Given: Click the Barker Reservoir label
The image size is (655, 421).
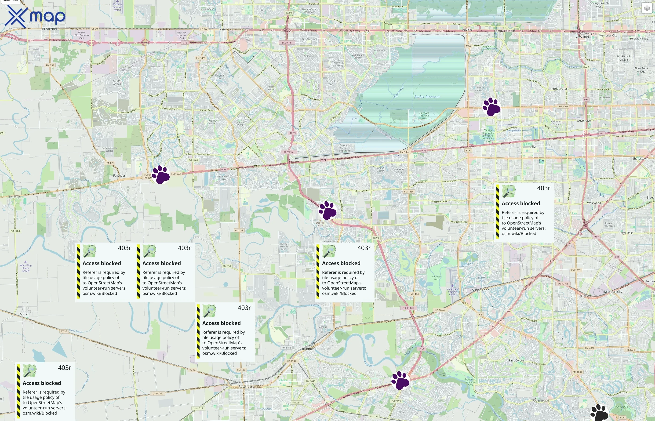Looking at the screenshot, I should tap(427, 97).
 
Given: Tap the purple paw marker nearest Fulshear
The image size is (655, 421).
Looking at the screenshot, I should tap(161, 174).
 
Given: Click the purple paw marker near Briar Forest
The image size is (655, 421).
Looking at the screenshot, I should tap(491, 107).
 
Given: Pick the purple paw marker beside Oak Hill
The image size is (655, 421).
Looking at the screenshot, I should tap(327, 210).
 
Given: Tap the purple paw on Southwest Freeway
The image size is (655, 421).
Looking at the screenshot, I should tap(400, 380).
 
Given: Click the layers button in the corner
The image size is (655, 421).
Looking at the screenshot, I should tap(647, 8).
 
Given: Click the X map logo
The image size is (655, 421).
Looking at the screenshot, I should tap(35, 16).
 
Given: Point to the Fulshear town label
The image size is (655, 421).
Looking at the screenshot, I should tap(119, 175).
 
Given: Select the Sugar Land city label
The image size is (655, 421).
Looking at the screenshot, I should tap(480, 290).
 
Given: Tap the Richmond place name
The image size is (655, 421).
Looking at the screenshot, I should tap(309, 348).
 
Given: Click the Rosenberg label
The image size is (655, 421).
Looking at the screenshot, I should tap(246, 387).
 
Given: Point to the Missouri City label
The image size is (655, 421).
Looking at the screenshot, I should tap(613, 292).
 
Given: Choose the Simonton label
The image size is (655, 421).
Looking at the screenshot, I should tap(15, 196).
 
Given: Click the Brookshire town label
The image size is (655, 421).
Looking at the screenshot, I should tap(50, 29).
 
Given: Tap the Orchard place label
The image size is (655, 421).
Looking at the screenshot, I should tap(24, 314).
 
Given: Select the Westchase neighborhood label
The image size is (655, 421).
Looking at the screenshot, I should tap(583, 120).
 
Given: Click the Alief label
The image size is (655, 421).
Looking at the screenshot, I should tap(533, 146).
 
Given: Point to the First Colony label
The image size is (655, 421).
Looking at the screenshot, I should tap(517, 360).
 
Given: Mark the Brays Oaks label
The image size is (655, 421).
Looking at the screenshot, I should tap(626, 233).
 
